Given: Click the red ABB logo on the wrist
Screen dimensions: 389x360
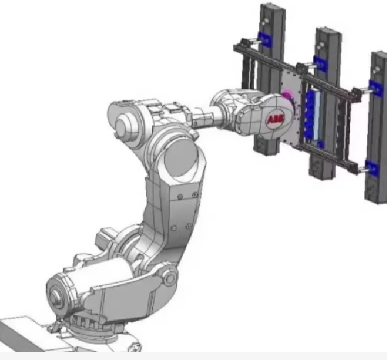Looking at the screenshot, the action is [275, 120].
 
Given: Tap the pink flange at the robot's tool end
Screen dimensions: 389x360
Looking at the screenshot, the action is [288, 97].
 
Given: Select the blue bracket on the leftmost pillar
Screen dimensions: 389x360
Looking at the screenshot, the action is [265, 40].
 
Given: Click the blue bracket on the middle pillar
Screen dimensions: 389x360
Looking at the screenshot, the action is [320, 63].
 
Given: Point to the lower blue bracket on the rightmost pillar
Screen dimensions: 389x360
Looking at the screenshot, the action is [373, 169].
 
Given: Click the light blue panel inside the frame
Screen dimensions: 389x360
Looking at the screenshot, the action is [317, 115].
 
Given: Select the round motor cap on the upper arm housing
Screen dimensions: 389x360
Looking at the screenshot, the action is [123, 125].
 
